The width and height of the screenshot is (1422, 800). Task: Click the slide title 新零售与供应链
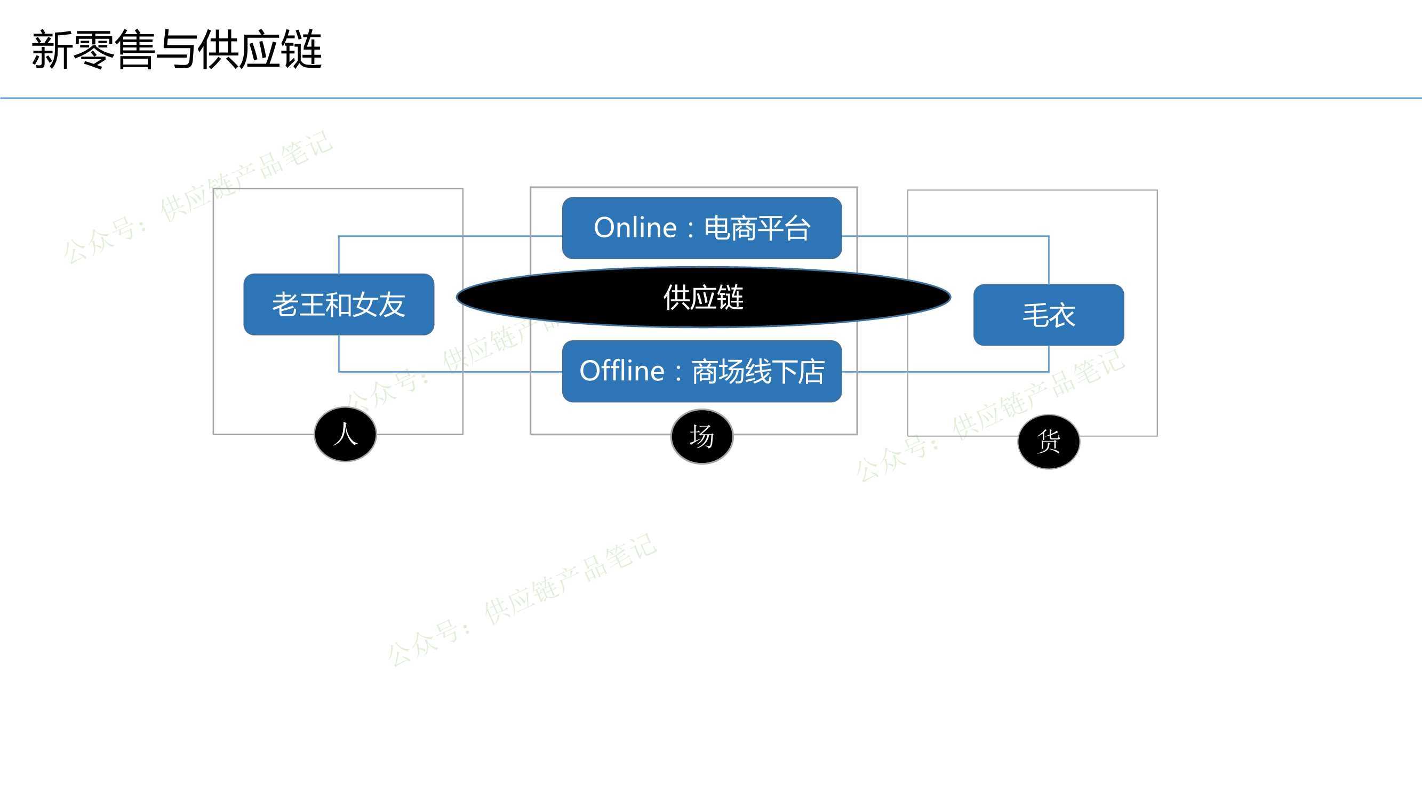tap(177, 50)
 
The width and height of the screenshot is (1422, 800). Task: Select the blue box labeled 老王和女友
tap(339, 304)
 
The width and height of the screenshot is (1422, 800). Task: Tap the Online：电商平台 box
tap(702, 228)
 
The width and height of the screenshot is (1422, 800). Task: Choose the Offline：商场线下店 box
tap(702, 371)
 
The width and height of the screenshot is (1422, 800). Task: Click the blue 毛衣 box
tap(1049, 315)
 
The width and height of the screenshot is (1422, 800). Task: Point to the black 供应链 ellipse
tap(704, 298)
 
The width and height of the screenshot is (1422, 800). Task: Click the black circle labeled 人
tap(346, 434)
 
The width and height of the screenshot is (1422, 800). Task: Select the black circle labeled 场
tap(702, 437)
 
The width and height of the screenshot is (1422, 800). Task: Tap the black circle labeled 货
tap(1049, 442)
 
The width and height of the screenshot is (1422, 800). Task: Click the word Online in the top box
tap(635, 228)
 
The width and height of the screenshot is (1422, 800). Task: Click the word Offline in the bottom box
tap(622, 371)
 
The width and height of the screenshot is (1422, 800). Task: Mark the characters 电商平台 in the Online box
tap(757, 229)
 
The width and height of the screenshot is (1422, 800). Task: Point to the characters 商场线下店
tap(758, 372)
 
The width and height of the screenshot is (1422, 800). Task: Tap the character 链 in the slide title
tap(301, 50)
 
